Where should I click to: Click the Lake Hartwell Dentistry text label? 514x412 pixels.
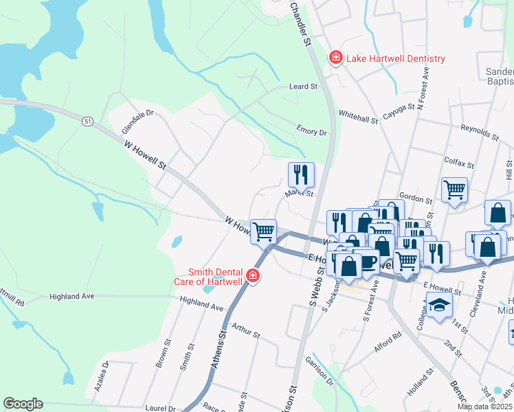click(x=395, y=59)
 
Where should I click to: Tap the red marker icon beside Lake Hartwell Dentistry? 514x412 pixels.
click(x=336, y=58)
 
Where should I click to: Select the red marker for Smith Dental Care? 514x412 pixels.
click(x=253, y=277)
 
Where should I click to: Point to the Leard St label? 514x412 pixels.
click(x=303, y=87)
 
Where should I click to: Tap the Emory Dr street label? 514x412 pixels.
click(x=311, y=130)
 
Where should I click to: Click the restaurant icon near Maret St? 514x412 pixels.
click(x=301, y=175)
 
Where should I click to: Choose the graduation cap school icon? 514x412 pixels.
click(x=438, y=305)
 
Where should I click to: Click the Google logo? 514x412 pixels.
click(x=23, y=404)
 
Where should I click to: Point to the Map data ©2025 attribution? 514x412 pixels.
click(x=485, y=407)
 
